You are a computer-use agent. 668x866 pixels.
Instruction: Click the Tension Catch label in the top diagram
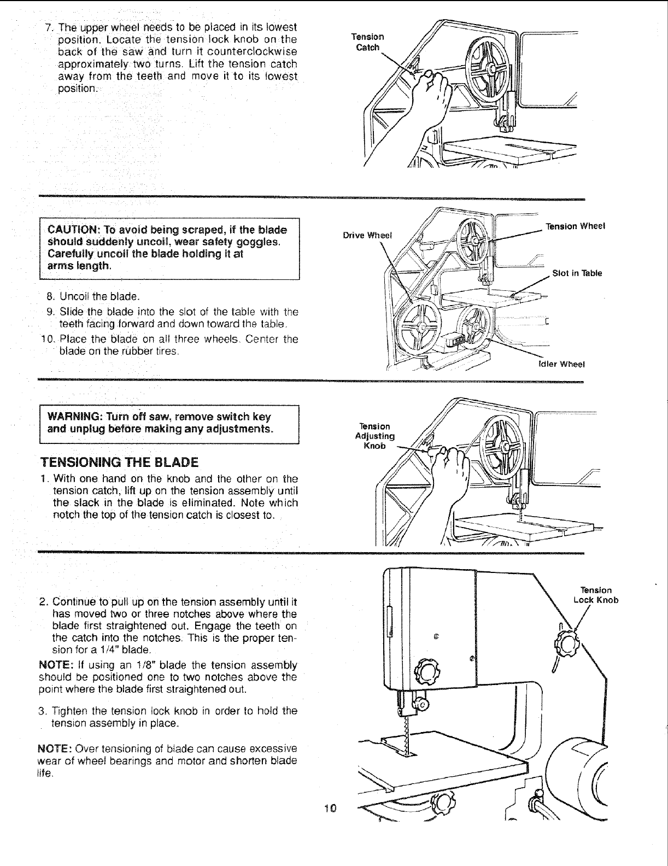(x=368, y=42)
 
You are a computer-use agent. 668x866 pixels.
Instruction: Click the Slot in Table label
(x=577, y=273)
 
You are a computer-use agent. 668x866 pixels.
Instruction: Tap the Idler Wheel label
(x=562, y=365)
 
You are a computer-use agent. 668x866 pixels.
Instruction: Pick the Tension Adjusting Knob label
(x=374, y=436)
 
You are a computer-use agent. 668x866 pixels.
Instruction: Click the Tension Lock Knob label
(x=596, y=595)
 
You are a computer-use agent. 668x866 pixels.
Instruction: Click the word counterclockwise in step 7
(x=256, y=51)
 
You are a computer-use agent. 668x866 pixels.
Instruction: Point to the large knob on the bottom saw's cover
(x=426, y=668)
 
